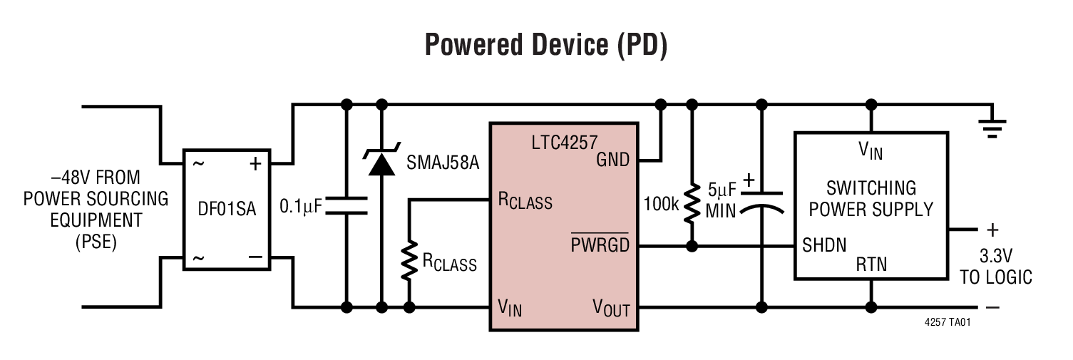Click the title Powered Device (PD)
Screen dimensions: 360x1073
click(x=545, y=45)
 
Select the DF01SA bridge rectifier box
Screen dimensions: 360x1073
click(x=227, y=210)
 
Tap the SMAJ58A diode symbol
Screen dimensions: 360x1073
click(x=381, y=163)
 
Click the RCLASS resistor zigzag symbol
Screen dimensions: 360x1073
click(x=409, y=261)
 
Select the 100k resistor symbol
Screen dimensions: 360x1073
click(x=691, y=204)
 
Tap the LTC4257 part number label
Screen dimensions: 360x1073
click(x=563, y=142)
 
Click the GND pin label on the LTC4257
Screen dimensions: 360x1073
click(x=612, y=160)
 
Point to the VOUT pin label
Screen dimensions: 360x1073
click(x=611, y=308)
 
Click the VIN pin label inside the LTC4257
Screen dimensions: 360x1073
click(x=510, y=308)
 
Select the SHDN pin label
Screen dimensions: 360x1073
click(x=824, y=246)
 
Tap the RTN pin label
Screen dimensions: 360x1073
click(x=871, y=264)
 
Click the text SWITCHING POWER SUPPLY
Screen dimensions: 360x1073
click(x=871, y=199)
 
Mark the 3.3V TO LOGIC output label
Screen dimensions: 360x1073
click(x=995, y=266)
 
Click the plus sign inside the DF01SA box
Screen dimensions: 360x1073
click(x=255, y=163)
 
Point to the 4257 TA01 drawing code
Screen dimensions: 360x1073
click(x=948, y=322)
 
